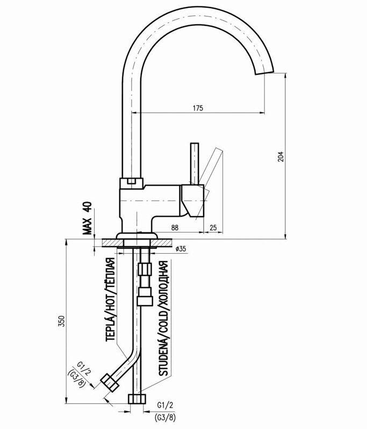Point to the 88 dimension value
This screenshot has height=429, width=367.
click(x=175, y=228)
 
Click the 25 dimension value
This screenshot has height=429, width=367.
click(x=213, y=228)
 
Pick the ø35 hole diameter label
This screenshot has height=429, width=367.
click(x=181, y=249)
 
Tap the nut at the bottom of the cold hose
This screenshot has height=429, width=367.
click(x=138, y=398)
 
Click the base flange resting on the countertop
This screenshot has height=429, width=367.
click(x=138, y=236)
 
